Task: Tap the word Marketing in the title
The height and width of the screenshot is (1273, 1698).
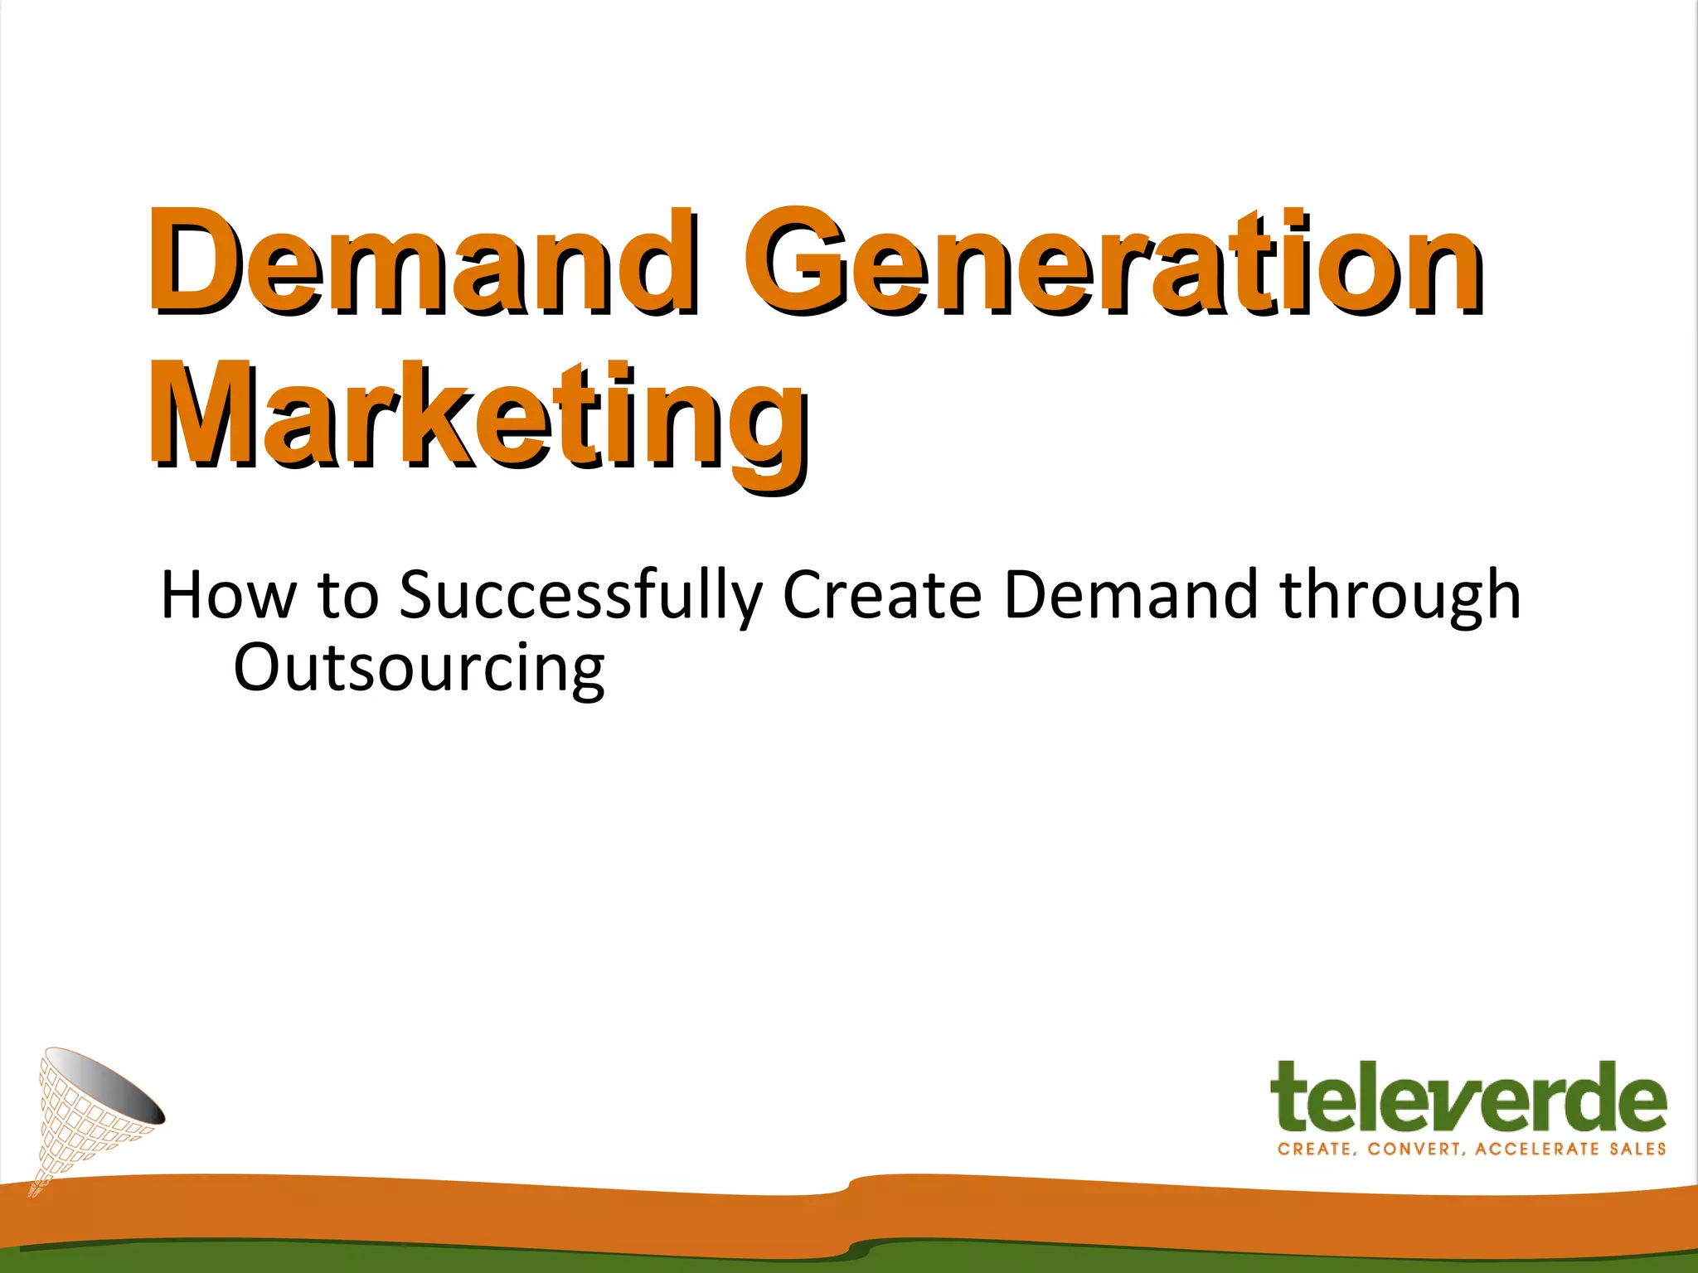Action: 479,419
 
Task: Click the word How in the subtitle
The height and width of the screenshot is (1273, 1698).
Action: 227,595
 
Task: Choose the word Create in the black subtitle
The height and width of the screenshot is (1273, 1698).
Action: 881,595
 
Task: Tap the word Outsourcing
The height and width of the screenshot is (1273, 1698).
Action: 419,668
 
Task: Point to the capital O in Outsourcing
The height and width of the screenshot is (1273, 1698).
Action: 260,668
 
